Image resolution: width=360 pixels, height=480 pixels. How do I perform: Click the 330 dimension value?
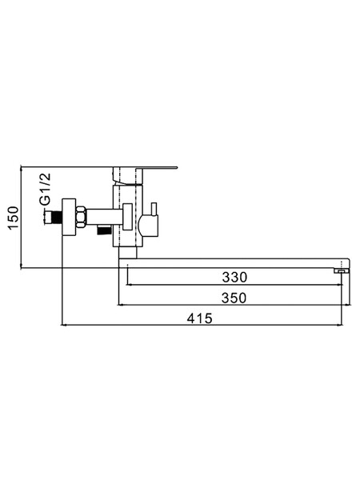[234, 277]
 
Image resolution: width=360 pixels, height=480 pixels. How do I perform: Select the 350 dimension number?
[234, 298]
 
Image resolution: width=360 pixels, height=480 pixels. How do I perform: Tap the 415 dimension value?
[199, 318]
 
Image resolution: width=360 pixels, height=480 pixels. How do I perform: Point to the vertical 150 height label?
[14, 218]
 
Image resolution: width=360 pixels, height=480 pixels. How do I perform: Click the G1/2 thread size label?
[46, 189]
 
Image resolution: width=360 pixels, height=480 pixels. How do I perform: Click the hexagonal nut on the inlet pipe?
[81, 217]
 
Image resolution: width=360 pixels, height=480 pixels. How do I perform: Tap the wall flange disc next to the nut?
[69, 217]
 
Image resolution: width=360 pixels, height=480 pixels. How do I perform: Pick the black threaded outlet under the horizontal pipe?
[103, 230]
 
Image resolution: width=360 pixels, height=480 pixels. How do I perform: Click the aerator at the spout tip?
[342, 271]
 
